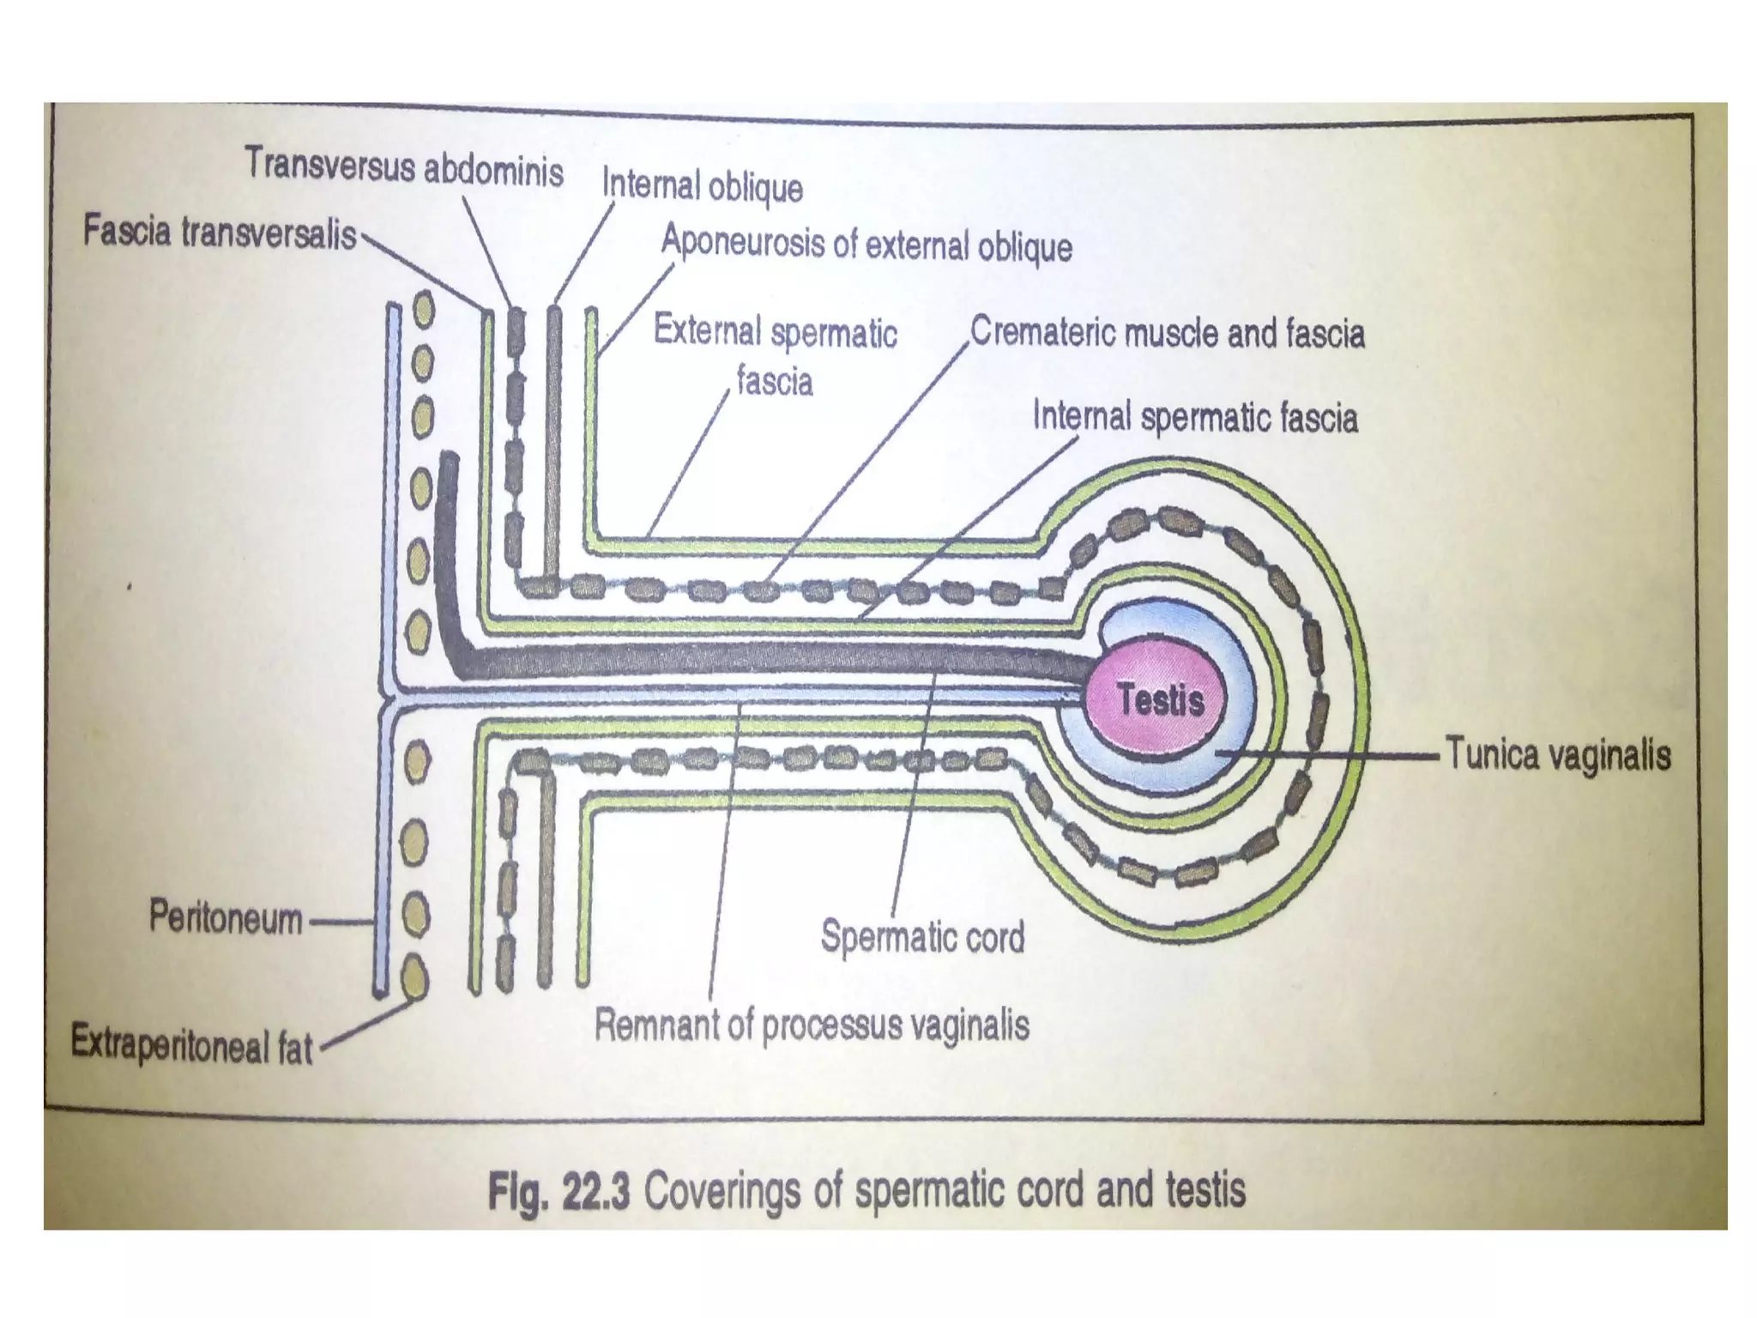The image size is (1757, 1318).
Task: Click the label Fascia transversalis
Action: tap(220, 233)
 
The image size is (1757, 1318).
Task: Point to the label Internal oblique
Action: tap(702, 186)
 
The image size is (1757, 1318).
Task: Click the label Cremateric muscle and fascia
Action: tap(1167, 333)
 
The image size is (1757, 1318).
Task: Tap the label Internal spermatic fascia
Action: tap(1195, 418)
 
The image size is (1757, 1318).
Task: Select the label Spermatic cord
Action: tap(922, 936)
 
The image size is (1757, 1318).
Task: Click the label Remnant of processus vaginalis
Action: tap(812, 1025)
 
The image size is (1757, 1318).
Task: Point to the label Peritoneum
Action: tap(226, 917)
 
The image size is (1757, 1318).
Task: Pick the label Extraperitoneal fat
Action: tap(191, 1044)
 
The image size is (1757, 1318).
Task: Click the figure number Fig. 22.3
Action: tap(558, 1192)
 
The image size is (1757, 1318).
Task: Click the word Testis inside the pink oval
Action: tap(1161, 700)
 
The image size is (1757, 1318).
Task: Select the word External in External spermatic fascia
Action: tap(707, 330)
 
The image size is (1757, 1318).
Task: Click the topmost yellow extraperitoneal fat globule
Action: tap(423, 310)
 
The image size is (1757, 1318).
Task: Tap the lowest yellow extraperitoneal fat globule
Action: tap(415, 976)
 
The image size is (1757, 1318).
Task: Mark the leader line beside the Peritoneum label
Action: tap(340, 923)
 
